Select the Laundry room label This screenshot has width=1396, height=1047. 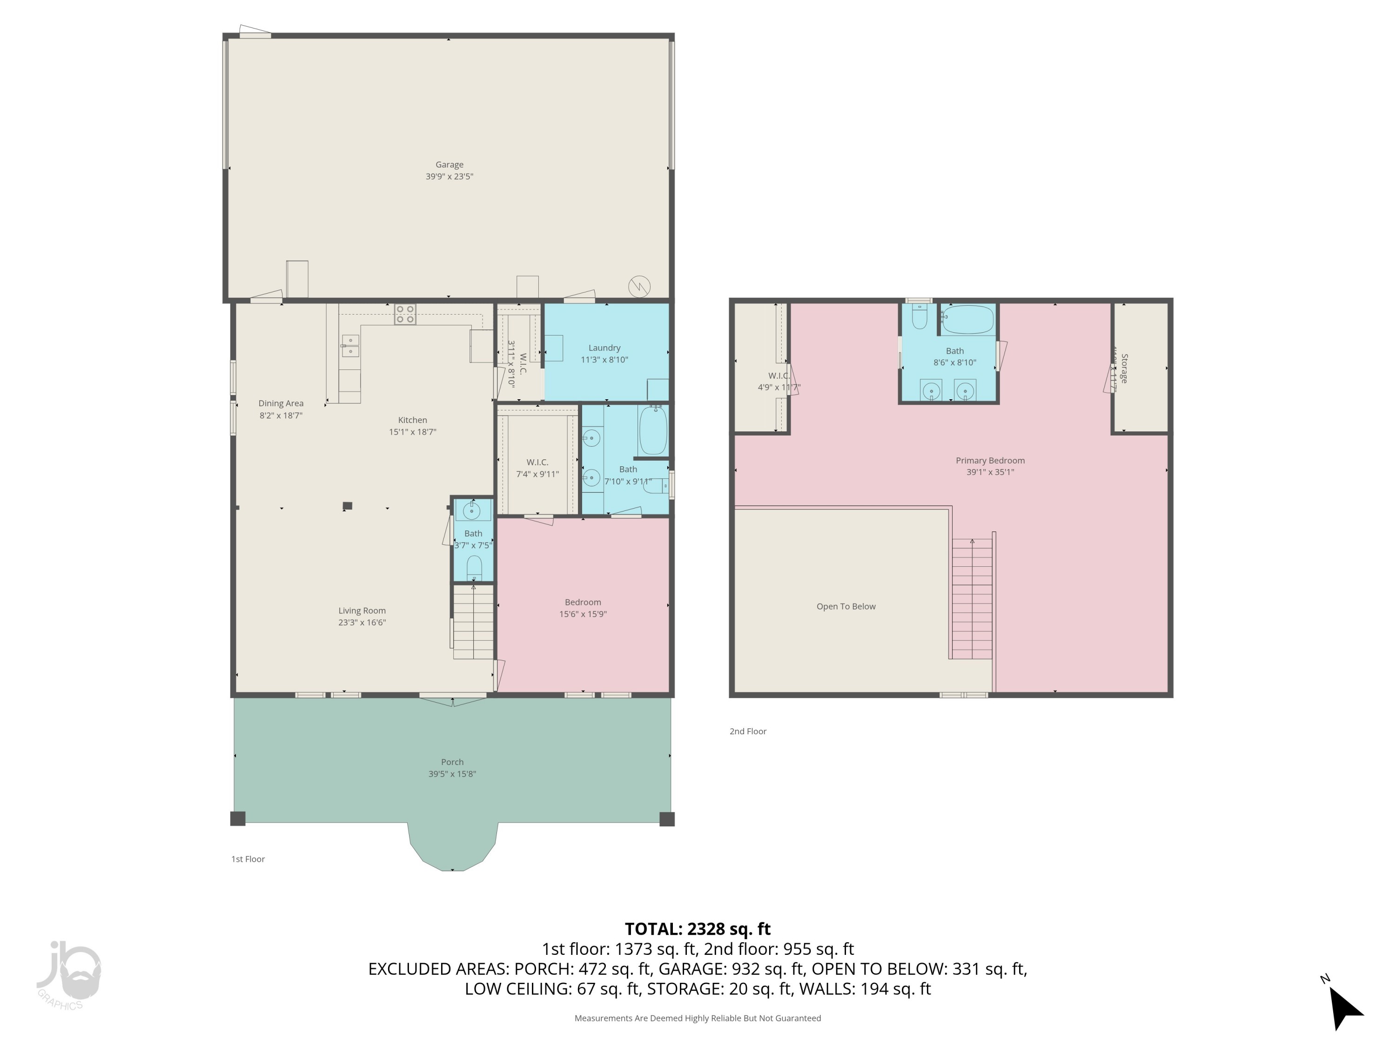pos(604,348)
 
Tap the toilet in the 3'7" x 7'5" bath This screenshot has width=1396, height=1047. pos(474,568)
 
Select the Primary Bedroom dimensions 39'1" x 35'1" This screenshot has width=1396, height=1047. pos(990,472)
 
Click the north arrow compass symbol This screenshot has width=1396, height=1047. pos(1344,1007)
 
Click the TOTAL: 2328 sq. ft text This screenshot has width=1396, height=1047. pos(698,929)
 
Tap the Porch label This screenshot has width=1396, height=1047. pos(452,762)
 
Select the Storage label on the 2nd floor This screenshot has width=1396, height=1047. pos(1124,369)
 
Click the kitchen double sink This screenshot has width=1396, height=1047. pos(350,346)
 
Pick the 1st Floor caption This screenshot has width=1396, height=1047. pos(248,859)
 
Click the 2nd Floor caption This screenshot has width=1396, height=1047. pos(748,732)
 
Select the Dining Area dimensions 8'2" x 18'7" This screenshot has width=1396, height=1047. pos(281,415)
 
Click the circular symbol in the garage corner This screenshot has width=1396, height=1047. pos(639,287)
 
